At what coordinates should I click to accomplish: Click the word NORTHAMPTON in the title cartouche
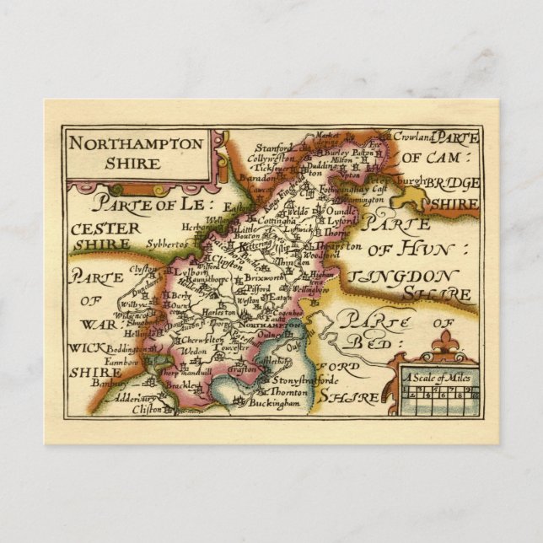click(136, 143)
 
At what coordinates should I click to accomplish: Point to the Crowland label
click(417, 137)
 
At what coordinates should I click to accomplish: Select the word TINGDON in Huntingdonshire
click(403, 277)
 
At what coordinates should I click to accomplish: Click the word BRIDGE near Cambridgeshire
click(452, 184)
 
